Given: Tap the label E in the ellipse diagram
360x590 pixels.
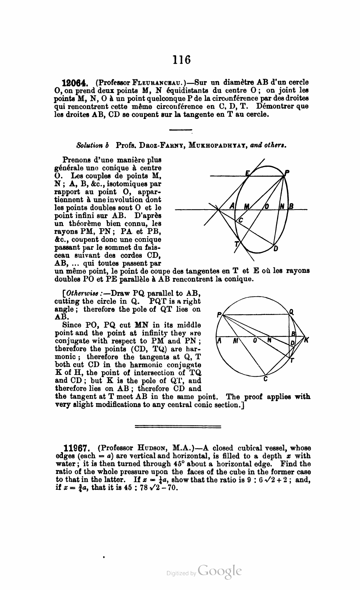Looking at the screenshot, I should (247, 173).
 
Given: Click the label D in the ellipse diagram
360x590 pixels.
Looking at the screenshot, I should (276, 249).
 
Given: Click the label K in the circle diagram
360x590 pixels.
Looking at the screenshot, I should (307, 341).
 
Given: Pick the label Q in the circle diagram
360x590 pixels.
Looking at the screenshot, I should (291, 312).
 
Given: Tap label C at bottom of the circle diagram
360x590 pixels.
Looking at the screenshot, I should (265, 379).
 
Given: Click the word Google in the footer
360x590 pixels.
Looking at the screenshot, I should (220, 571).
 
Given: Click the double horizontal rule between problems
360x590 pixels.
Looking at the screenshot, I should (178, 426).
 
